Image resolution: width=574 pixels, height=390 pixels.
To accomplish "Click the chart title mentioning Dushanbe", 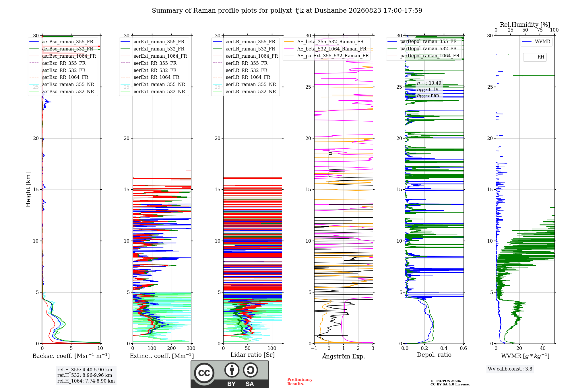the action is (287, 11).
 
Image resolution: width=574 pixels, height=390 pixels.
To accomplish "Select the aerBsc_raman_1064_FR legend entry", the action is (63, 56).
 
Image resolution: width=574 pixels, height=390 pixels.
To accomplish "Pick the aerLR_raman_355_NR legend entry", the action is (245, 84).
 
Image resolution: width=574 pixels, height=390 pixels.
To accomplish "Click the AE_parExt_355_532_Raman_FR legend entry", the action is (327, 56).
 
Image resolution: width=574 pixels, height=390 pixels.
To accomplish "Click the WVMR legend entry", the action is (536, 42).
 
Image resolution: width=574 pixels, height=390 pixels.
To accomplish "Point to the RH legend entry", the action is (535, 57).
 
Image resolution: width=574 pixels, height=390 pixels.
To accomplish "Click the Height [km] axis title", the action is (28, 190).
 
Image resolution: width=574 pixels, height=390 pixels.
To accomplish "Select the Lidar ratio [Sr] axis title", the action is (253, 355).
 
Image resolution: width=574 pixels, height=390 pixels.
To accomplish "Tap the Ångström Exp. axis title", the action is (344, 356).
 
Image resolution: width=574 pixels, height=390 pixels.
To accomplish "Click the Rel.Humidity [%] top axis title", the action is (525, 25).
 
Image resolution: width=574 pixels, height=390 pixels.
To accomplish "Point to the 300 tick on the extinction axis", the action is (191, 348).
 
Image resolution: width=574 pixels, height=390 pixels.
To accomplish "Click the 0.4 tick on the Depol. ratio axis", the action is (444, 348).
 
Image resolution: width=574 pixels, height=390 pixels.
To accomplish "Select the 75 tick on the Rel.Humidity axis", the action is (540, 30).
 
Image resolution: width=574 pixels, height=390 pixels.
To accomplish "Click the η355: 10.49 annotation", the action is (429, 83).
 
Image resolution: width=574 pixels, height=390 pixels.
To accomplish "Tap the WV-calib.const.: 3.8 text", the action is (510, 369).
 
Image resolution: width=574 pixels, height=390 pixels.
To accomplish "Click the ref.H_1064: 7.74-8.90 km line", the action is (86, 381).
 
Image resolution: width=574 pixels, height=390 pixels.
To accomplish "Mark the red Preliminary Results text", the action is (300, 382).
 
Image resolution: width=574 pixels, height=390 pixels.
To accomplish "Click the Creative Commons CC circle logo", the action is (204, 373).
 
